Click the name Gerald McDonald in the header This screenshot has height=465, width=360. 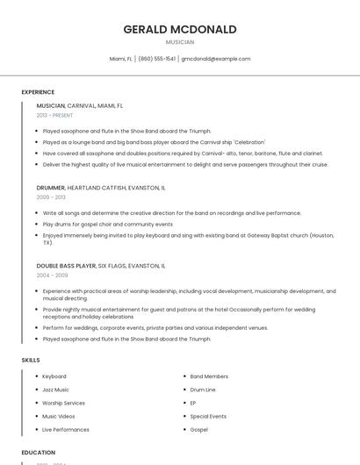(x=180, y=29)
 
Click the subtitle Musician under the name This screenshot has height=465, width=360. (x=180, y=42)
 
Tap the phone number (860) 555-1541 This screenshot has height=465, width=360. (x=156, y=59)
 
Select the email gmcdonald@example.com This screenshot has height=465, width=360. (x=216, y=59)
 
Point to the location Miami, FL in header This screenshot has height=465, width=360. (x=120, y=59)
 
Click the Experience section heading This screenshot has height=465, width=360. (x=38, y=92)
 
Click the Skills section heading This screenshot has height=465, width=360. (x=31, y=360)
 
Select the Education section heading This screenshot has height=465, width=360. (x=39, y=453)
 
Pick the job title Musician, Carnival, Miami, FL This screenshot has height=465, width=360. (x=80, y=105)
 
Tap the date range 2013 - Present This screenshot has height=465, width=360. (x=54, y=115)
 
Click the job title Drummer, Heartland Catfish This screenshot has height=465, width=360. (x=101, y=188)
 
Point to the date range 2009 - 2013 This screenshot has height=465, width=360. (x=51, y=197)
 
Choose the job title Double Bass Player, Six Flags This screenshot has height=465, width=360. (x=101, y=265)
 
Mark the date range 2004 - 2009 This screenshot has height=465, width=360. (x=51, y=275)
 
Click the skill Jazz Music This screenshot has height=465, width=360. (x=55, y=390)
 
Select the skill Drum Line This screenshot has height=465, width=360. (x=203, y=390)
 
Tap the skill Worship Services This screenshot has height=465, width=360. (x=63, y=403)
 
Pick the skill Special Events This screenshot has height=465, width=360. (x=208, y=416)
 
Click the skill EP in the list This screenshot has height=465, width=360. (x=193, y=403)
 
